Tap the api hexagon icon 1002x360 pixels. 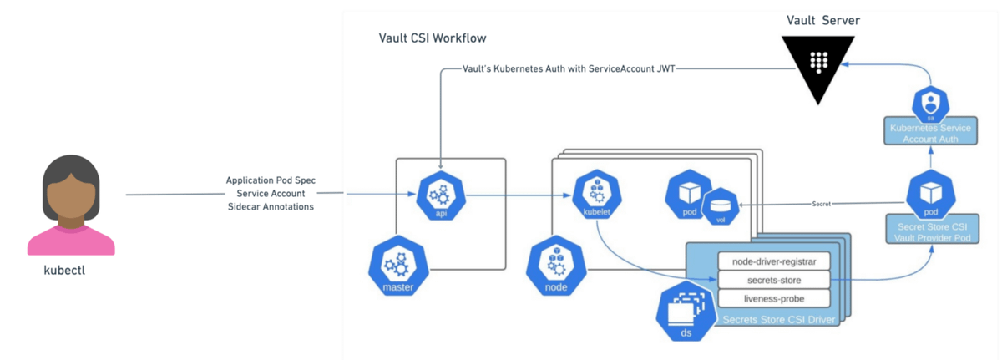[x=440, y=197]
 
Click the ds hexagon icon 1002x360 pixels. [x=688, y=312]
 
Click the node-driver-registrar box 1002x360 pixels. [x=774, y=260]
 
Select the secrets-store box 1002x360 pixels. [x=774, y=279]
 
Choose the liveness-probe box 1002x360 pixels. [x=774, y=298]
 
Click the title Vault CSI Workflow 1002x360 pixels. [x=432, y=38]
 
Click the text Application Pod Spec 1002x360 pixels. [x=270, y=180]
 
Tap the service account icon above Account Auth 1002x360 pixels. [x=929, y=103]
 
